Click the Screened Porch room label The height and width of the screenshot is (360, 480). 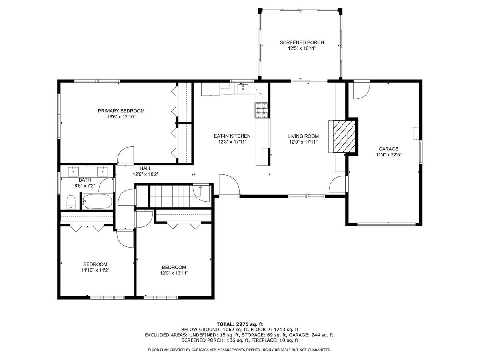point(302,42)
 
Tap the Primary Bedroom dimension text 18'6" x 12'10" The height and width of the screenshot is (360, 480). point(121,117)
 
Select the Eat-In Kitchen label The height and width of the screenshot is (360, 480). point(232,136)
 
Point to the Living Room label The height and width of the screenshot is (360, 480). point(303,136)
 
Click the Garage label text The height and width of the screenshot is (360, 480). point(388,149)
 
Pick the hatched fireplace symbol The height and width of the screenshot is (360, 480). point(344,136)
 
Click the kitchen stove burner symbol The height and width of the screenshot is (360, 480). point(261,110)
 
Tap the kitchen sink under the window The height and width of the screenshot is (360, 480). point(243,88)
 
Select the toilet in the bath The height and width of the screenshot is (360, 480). point(71,202)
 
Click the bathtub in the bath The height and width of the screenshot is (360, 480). point(97,201)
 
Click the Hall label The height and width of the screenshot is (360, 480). point(146,168)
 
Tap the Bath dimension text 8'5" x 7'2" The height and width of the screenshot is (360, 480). point(85,186)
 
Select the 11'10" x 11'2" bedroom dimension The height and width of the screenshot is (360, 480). point(95,270)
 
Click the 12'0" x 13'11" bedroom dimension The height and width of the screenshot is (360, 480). point(174,273)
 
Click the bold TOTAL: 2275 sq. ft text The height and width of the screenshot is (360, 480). point(240,324)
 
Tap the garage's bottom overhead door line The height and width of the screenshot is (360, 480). point(386,224)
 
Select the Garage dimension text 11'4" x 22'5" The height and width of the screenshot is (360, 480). point(388,155)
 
